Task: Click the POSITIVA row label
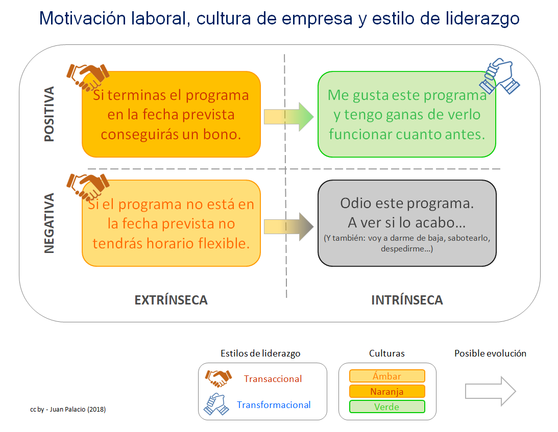tap(49, 114)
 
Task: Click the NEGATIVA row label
tap(49, 223)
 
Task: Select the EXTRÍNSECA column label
tap(171, 300)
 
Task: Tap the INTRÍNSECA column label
tap(407, 300)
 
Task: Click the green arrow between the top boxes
tap(288, 117)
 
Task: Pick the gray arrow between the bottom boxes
tap(288, 226)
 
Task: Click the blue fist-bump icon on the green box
tap(499, 76)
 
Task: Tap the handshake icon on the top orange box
tap(88, 77)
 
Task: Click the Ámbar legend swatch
tap(387, 376)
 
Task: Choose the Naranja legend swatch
tap(387, 391)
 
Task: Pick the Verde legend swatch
tap(387, 406)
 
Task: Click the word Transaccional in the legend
tap(273, 378)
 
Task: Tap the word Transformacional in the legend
tap(274, 404)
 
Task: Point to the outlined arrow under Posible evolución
tap(491, 391)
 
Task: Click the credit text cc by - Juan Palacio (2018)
tap(68, 409)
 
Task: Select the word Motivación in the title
tap(83, 18)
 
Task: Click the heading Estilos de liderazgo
tap(260, 353)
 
